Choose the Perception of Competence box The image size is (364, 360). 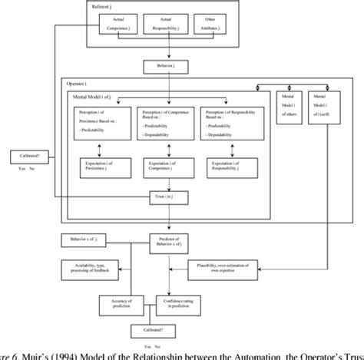pos(164,121)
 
